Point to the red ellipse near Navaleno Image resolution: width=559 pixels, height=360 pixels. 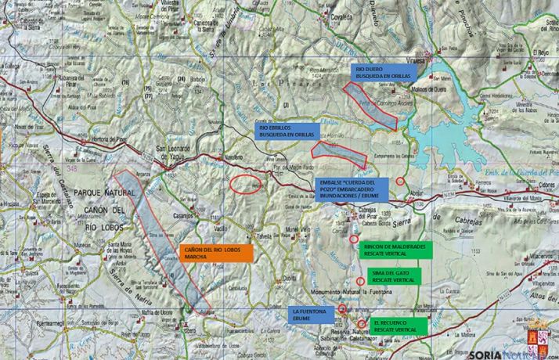247,185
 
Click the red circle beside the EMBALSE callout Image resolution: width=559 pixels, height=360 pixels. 400,181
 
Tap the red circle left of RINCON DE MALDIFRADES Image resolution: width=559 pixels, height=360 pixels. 354,239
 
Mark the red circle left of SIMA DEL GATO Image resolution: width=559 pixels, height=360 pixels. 360,281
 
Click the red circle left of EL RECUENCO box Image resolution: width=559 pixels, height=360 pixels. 361,323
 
